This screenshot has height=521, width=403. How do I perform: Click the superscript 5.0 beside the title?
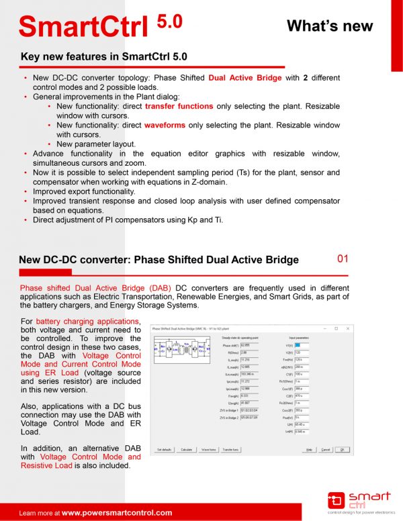coord(169,21)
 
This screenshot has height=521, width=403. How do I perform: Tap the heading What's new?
coord(329,26)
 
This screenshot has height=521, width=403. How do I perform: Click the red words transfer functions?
coord(179,107)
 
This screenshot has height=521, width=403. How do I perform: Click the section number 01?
coord(343,258)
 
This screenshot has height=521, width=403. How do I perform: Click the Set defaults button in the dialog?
coord(165,449)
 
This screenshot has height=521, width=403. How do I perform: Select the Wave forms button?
coord(208,449)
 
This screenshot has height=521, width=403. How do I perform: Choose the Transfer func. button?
coord(231,449)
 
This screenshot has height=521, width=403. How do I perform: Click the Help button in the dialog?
coord(310,449)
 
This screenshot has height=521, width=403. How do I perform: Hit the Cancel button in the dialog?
coord(325,449)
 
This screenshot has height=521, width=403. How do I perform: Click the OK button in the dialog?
coord(341,449)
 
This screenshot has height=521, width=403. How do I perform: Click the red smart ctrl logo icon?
coord(336,500)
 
